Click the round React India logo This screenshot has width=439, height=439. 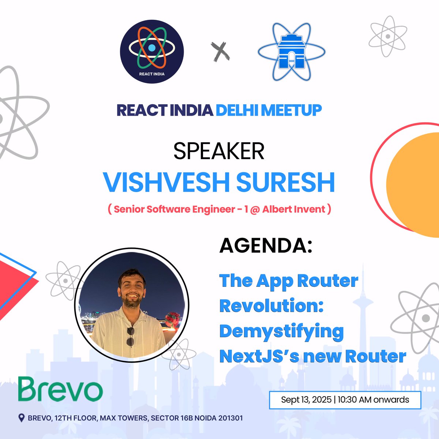(152, 52)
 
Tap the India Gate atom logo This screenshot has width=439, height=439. (291, 52)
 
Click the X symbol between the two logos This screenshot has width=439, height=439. (221, 52)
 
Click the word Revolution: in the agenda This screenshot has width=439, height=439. (271, 306)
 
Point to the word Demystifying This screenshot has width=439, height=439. (281, 331)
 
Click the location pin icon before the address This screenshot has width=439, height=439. (22, 418)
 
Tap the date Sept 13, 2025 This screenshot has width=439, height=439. (306, 399)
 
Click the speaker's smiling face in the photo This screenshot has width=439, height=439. (132, 287)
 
